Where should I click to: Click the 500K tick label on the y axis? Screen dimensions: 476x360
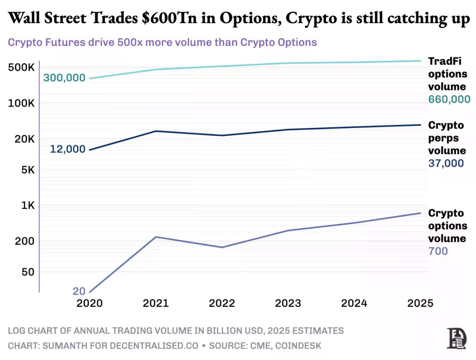pyautogui.click(x=21, y=67)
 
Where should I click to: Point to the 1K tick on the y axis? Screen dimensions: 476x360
pyautogui.click(x=27, y=205)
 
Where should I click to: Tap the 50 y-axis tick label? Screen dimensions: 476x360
pyautogui.click(x=28, y=272)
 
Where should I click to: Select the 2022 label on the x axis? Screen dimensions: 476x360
pyautogui.click(x=222, y=303)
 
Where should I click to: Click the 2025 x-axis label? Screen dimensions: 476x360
pyautogui.click(x=420, y=303)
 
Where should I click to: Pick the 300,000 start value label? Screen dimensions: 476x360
pyautogui.click(x=64, y=77)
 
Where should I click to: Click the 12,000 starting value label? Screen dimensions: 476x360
pyautogui.click(x=68, y=149)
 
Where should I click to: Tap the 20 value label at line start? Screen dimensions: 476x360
pyautogui.click(x=79, y=291)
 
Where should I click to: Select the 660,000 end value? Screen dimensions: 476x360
pyautogui.click(x=449, y=99)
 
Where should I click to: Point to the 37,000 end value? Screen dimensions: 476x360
pyautogui.click(x=446, y=163)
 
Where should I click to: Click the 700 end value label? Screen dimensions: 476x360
pyautogui.click(x=438, y=251)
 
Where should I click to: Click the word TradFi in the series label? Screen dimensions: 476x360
pyautogui.click(x=445, y=61)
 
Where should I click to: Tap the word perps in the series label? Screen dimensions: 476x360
pyautogui.click(x=443, y=138)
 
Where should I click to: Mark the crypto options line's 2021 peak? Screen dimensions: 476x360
pyautogui.click(x=156, y=237)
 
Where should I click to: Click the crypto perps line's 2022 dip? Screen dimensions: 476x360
pyautogui.click(x=222, y=135)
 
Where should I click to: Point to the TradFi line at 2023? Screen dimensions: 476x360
pyautogui.click(x=288, y=63)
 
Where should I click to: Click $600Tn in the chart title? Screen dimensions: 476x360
pyautogui.click(x=169, y=18)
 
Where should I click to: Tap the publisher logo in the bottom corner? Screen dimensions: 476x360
pyautogui.click(x=456, y=338)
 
